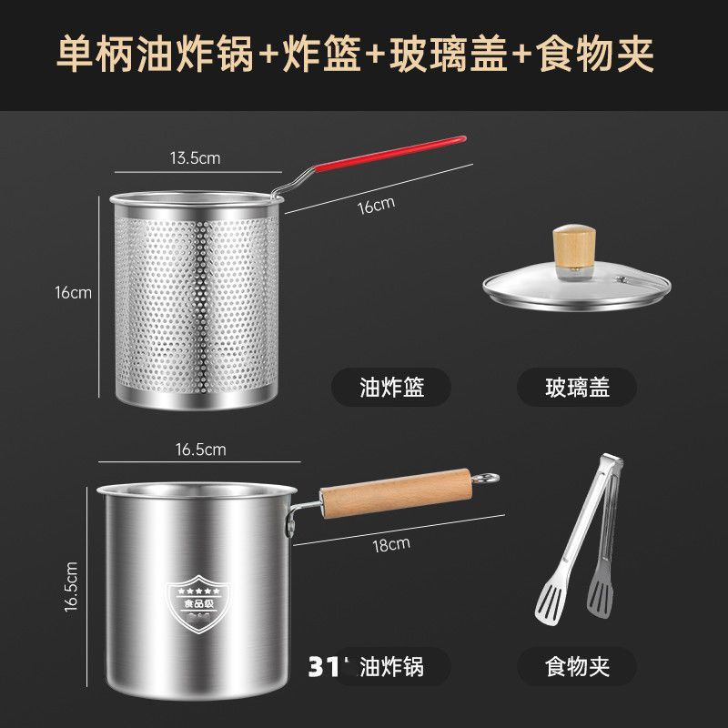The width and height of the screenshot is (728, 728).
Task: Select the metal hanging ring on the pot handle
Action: coord(488,477)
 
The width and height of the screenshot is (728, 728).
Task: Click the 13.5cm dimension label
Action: coord(196,157)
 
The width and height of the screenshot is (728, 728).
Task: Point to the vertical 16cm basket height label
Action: coord(73,292)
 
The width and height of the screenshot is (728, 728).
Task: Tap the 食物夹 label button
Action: coord(577,666)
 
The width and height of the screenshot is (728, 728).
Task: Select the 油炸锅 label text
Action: coord(391,666)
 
